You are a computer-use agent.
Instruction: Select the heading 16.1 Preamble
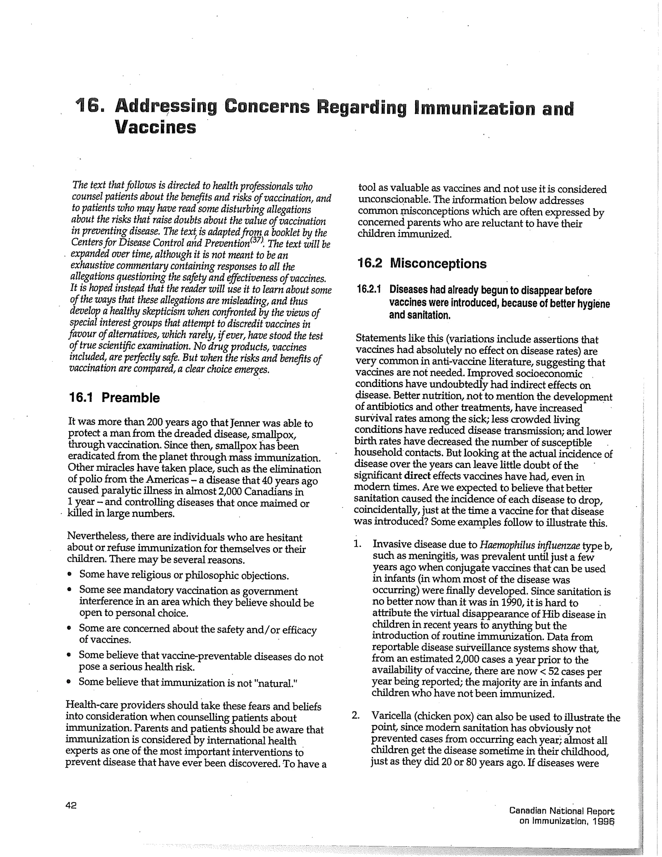[x=114, y=397]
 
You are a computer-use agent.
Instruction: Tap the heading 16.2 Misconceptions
[x=422, y=263]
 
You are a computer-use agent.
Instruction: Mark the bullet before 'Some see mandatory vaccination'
[x=69, y=590]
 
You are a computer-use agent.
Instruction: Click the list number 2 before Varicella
[x=355, y=715]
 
